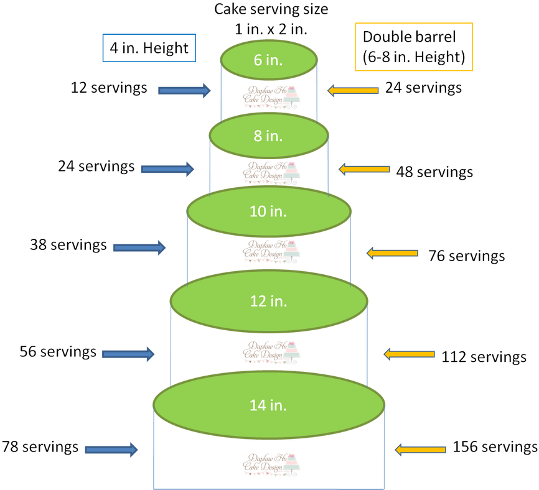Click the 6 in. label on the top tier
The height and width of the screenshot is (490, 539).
(268, 60)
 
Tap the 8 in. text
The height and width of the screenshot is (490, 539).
(268, 136)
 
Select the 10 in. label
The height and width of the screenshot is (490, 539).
(268, 211)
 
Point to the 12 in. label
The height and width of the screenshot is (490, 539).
(268, 301)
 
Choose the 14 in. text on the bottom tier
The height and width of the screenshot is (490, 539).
(268, 405)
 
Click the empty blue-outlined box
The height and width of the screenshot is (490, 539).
(149, 47)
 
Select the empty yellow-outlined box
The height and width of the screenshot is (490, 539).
(413, 47)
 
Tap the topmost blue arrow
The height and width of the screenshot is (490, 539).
(184, 91)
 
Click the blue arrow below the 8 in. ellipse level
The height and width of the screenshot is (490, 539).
(167, 169)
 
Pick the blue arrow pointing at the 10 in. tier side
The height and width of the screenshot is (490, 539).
(139, 247)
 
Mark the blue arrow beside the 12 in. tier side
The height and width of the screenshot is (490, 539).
(128, 354)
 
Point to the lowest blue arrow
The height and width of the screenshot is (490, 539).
(111, 450)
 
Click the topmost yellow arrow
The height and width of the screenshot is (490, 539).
(354, 91)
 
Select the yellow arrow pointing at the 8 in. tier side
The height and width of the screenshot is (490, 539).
(364, 169)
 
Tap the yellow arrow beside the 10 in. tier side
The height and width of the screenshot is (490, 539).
(392, 253)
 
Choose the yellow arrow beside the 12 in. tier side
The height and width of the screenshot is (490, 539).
(409, 354)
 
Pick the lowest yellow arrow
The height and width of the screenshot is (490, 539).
(421, 450)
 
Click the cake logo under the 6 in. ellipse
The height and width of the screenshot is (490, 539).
(272, 96)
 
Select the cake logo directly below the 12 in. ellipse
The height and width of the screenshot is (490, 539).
(272, 351)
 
